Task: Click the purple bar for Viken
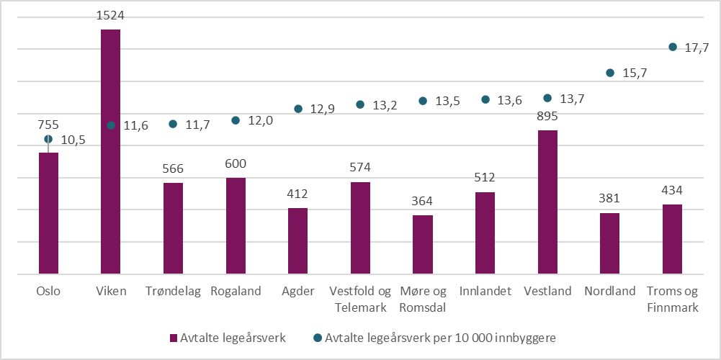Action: click(x=110, y=152)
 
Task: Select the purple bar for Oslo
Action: click(x=48, y=213)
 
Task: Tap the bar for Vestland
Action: click(x=547, y=202)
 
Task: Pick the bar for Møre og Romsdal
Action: click(x=422, y=245)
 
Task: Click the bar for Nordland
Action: click(x=609, y=243)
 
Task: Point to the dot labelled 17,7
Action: click(x=672, y=48)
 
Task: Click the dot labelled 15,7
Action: click(x=610, y=73)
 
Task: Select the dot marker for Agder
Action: click(x=298, y=109)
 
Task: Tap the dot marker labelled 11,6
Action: click(x=111, y=125)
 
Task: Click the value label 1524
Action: click(x=110, y=15)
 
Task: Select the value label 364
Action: click(x=422, y=201)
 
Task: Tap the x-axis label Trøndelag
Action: click(x=173, y=292)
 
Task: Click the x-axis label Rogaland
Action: click(x=236, y=292)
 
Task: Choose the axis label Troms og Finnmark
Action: click(x=672, y=300)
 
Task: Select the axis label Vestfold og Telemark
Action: click(x=360, y=300)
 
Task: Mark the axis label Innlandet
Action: click(x=485, y=292)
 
